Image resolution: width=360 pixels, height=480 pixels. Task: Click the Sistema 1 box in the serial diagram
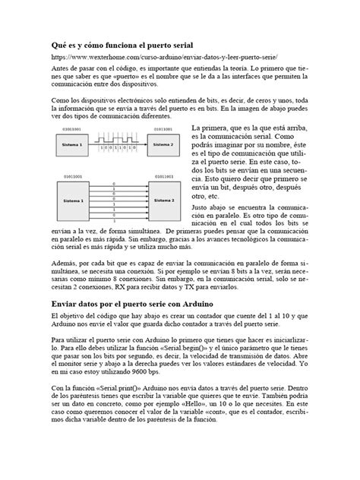66,144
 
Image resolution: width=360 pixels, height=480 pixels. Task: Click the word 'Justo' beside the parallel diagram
201,207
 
